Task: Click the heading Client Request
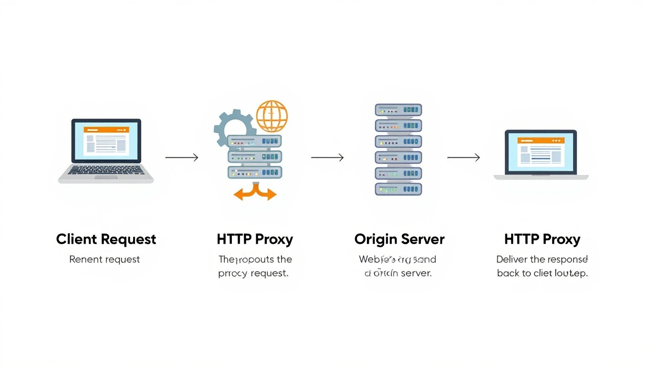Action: point(106,239)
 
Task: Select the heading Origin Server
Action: point(399,239)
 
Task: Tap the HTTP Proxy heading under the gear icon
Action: point(255,239)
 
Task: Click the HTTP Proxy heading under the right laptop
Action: point(542,239)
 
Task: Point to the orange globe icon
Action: point(272,116)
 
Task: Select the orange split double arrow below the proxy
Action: point(255,193)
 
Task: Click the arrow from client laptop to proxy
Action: point(181,157)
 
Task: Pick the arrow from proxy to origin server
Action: point(327,157)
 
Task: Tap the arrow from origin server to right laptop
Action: point(463,157)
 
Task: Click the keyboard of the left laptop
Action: point(106,170)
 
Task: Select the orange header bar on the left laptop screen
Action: point(106,130)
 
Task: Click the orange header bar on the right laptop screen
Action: point(541,140)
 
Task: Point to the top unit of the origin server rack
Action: point(398,110)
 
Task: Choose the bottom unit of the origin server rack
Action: point(398,189)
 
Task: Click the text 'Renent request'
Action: point(105,259)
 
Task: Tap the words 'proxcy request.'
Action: point(253,274)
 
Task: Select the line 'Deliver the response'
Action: point(542,259)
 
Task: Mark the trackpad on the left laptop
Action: point(106,177)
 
